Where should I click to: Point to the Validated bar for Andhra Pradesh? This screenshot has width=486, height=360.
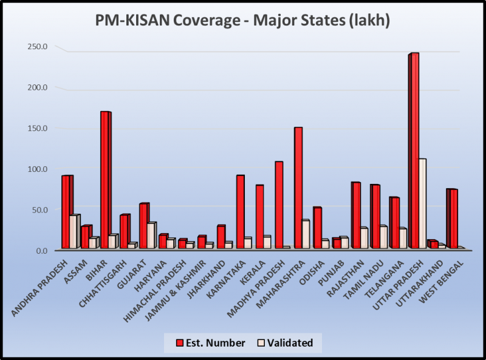tap(74, 231)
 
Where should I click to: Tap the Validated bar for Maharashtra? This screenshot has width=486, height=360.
tap(306, 234)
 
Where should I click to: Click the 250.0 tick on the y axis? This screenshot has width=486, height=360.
tap(37, 47)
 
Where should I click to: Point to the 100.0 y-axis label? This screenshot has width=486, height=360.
tap(37, 169)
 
